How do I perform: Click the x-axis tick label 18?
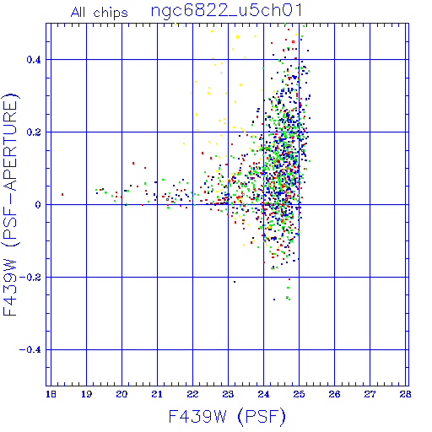point(51,394)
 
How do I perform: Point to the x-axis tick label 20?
point(121,394)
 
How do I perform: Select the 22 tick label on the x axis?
point(192,394)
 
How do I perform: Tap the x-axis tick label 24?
point(263,394)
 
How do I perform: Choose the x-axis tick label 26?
point(334,394)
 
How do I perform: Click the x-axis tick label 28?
point(405,394)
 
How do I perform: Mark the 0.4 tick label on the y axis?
point(34,60)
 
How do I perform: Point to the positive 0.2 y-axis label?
point(34,132)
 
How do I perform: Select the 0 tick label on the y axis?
point(38,205)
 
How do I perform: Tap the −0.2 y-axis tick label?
point(30,278)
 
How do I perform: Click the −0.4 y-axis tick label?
point(30,350)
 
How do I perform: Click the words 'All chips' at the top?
point(100,13)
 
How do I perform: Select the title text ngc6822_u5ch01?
point(226,11)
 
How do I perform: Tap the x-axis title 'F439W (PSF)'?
point(227,417)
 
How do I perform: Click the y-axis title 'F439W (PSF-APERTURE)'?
point(10,205)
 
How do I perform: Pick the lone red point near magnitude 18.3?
point(62,194)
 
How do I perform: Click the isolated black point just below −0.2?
point(235,282)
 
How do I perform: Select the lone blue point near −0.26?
point(274,300)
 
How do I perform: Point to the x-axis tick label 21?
point(157,394)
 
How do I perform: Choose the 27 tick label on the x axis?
point(370,394)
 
